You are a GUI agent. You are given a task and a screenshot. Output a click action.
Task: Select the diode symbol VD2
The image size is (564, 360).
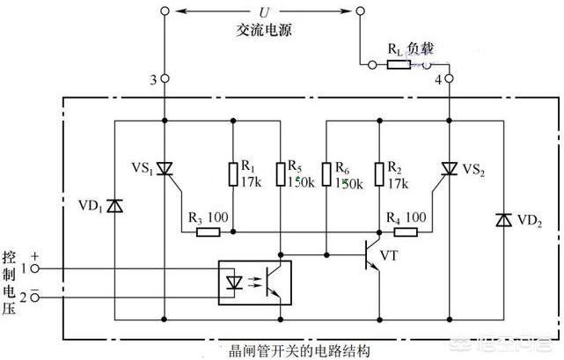[502, 217]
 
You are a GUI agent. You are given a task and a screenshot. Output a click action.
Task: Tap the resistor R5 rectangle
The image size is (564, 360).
[279, 173]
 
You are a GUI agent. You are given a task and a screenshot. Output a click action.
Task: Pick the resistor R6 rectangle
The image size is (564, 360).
[326, 173]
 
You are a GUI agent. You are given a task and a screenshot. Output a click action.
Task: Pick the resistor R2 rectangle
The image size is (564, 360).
[378, 173]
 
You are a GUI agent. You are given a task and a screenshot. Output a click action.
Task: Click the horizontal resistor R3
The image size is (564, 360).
[209, 233]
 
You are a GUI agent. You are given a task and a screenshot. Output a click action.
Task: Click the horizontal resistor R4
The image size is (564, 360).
[405, 233]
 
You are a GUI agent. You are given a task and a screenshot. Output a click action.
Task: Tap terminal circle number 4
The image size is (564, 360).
[449, 79]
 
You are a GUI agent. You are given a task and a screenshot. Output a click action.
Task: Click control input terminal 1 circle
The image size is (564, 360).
[34, 268]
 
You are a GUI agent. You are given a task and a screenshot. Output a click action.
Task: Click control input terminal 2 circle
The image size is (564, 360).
[34, 297]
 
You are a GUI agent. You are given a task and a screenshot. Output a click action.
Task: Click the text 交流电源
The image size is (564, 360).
[263, 29]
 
